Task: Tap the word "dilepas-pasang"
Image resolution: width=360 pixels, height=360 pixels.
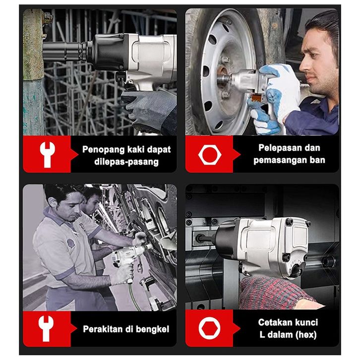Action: [126, 162]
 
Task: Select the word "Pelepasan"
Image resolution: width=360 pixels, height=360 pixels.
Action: [279, 148]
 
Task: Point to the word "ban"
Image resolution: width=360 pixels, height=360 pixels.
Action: [317, 160]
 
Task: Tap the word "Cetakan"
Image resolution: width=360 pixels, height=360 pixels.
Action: [272, 322]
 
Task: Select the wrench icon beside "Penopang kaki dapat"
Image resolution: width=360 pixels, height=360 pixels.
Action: [47, 154]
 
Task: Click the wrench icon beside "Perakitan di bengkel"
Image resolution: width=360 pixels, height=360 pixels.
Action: [46, 328]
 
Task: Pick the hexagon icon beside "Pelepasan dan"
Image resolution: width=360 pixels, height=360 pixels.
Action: [210, 155]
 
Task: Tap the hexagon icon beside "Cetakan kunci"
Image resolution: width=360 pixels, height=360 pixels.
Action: [209, 328]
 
